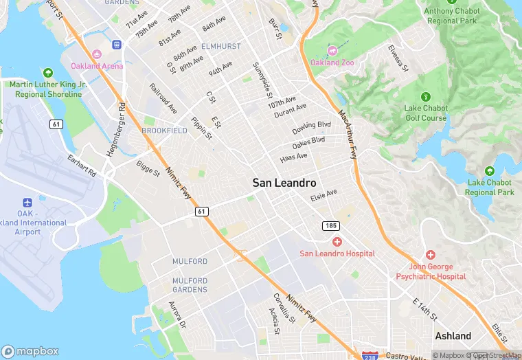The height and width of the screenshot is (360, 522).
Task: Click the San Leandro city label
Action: click(x=284, y=183)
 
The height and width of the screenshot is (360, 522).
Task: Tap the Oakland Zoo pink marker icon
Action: click(x=332, y=49)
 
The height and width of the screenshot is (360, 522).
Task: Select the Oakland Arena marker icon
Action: click(x=97, y=54)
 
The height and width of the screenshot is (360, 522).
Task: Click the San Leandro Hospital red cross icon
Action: click(x=337, y=242)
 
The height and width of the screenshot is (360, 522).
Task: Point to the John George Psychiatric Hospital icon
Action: click(x=431, y=255)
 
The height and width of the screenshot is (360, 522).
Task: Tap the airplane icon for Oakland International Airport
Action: click(x=27, y=203)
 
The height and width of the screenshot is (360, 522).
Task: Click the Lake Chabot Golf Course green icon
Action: click(x=425, y=96)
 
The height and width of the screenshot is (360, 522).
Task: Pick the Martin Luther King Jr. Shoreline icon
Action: click(x=47, y=72)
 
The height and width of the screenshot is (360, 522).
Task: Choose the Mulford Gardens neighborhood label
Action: click(x=190, y=285)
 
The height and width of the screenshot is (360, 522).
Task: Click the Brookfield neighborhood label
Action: click(x=164, y=130)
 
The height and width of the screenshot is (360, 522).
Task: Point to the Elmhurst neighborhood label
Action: click(x=220, y=46)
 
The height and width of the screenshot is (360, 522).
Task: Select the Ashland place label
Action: click(x=453, y=336)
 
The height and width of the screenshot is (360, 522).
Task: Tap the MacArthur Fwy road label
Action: click(x=348, y=131)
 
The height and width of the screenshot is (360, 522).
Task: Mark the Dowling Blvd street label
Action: click(x=311, y=128)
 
